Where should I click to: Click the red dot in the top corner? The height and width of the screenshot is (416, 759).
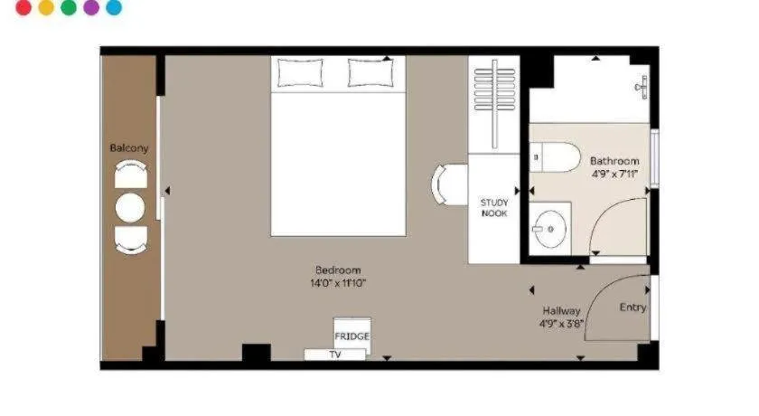pos(23,7)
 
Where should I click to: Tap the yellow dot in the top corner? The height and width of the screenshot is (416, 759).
pos(46,7)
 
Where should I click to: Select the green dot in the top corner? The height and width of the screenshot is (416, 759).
pos(69,7)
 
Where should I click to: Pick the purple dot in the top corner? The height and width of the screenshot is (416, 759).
pos(91,7)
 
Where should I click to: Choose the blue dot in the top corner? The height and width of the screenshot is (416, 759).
pos(114,7)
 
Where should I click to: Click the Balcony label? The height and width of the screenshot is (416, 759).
pos(128,148)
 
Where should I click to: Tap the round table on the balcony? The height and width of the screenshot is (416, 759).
pos(130,208)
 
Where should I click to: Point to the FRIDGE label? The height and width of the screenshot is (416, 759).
pos(351,336)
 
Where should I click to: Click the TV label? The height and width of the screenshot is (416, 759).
pos(335,355)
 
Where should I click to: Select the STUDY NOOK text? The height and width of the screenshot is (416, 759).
pos(494,208)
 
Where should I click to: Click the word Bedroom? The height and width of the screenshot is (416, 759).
pos(338,270)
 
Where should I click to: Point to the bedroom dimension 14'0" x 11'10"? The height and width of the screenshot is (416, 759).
pos(338,283)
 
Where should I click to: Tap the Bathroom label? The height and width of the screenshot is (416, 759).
pos(614,161)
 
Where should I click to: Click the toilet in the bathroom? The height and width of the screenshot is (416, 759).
pos(555,157)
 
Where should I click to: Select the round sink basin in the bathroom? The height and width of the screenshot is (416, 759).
pos(550,229)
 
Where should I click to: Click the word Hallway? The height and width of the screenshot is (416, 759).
pos(561,311)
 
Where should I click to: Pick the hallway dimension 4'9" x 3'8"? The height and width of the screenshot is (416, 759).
pos(561,324)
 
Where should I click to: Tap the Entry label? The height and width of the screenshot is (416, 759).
pos(632,307)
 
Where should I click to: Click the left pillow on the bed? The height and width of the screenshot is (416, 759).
pos(300,72)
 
